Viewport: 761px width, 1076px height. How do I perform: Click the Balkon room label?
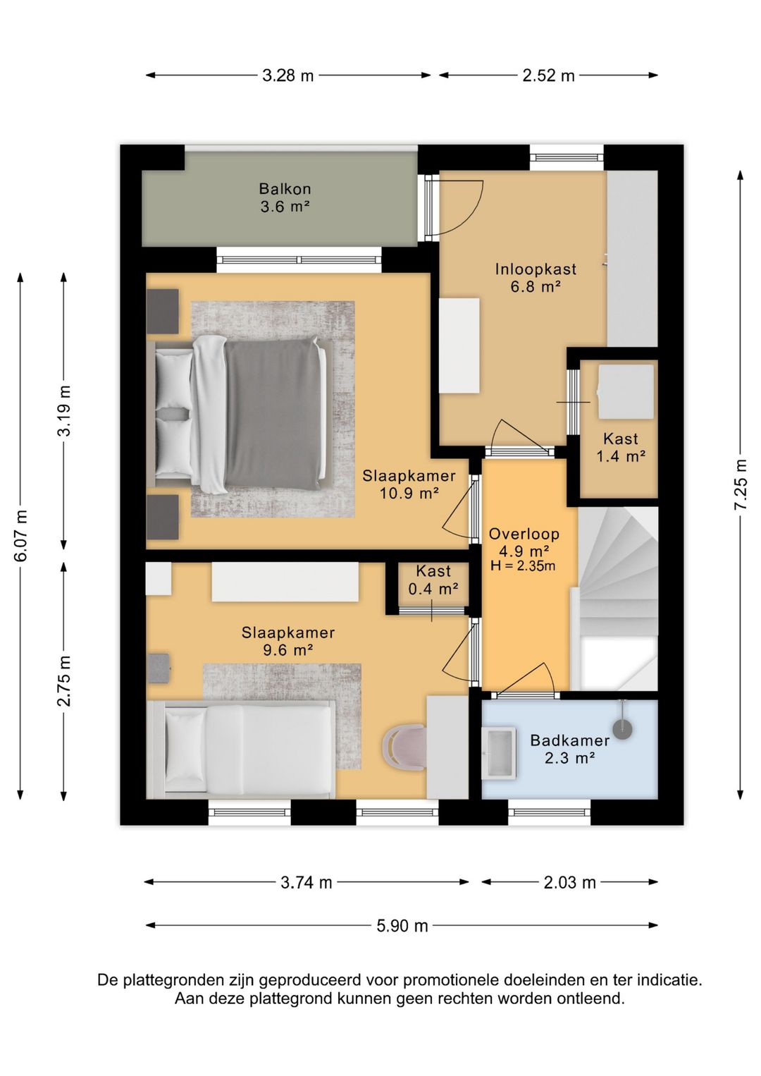pos(285,188)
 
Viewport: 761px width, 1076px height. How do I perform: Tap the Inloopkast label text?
pos(536,269)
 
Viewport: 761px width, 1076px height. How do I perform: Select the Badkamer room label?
pos(570,740)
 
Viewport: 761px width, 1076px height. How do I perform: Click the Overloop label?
pos(524,534)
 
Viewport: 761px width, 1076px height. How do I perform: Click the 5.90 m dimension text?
pos(402,926)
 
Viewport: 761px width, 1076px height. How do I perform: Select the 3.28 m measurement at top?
pos(287,75)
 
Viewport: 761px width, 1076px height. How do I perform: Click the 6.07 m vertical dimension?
pos(20,535)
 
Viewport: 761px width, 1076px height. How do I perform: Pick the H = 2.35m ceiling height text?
pos(523,566)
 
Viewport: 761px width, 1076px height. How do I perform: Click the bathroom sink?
pos(499,753)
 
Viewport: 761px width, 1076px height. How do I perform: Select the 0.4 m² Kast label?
pos(433,588)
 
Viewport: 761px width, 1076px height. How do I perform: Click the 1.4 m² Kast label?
pos(621,456)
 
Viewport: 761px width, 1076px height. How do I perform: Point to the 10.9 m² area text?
pos(409,494)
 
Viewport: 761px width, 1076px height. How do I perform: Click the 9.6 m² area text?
pos(289,650)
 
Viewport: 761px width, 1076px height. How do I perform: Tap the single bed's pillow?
pos(185,743)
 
